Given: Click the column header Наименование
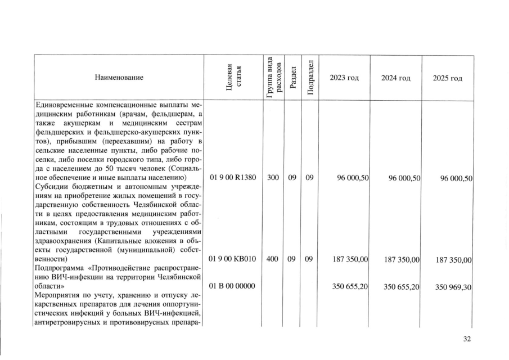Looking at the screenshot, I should click(x=119, y=78).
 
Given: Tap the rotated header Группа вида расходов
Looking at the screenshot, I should click(x=273, y=78).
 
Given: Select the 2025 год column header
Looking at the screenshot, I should click(x=448, y=78).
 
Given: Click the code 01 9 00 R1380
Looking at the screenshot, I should click(x=233, y=178).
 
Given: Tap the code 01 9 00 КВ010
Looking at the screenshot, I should click(x=233, y=259).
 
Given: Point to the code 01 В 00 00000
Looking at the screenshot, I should click(x=233, y=286).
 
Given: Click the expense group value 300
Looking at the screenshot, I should click(x=273, y=178).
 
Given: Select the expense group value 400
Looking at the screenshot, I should click(x=273, y=259).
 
